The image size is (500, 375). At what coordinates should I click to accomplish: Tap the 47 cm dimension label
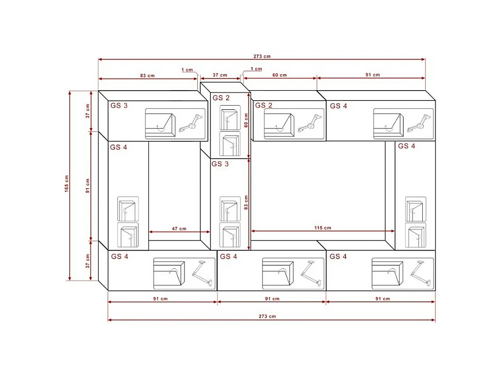click(x=179, y=228)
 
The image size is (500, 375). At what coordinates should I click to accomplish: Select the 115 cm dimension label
click(x=322, y=228)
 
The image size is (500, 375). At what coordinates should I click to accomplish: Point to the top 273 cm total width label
click(x=262, y=56)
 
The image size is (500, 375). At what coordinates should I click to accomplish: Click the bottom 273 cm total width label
click(x=268, y=316)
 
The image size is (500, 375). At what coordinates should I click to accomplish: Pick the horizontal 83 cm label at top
click(x=147, y=75)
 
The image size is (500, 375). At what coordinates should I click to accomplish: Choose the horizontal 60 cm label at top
click(x=279, y=75)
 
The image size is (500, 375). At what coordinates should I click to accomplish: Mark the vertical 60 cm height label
click(x=246, y=121)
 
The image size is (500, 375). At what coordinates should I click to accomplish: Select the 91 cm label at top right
click(x=373, y=75)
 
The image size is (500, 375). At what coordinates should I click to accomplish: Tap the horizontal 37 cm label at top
click(x=220, y=75)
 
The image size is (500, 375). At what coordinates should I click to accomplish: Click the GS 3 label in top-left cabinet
click(x=119, y=106)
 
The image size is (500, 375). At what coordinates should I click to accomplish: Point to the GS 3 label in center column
click(x=220, y=164)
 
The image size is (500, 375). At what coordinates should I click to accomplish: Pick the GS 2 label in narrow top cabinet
click(x=221, y=98)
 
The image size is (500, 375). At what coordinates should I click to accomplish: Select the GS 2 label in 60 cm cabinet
click(x=263, y=106)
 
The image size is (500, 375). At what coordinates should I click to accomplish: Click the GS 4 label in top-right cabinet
click(x=338, y=106)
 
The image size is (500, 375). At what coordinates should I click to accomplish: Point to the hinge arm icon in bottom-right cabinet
click(x=421, y=271)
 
